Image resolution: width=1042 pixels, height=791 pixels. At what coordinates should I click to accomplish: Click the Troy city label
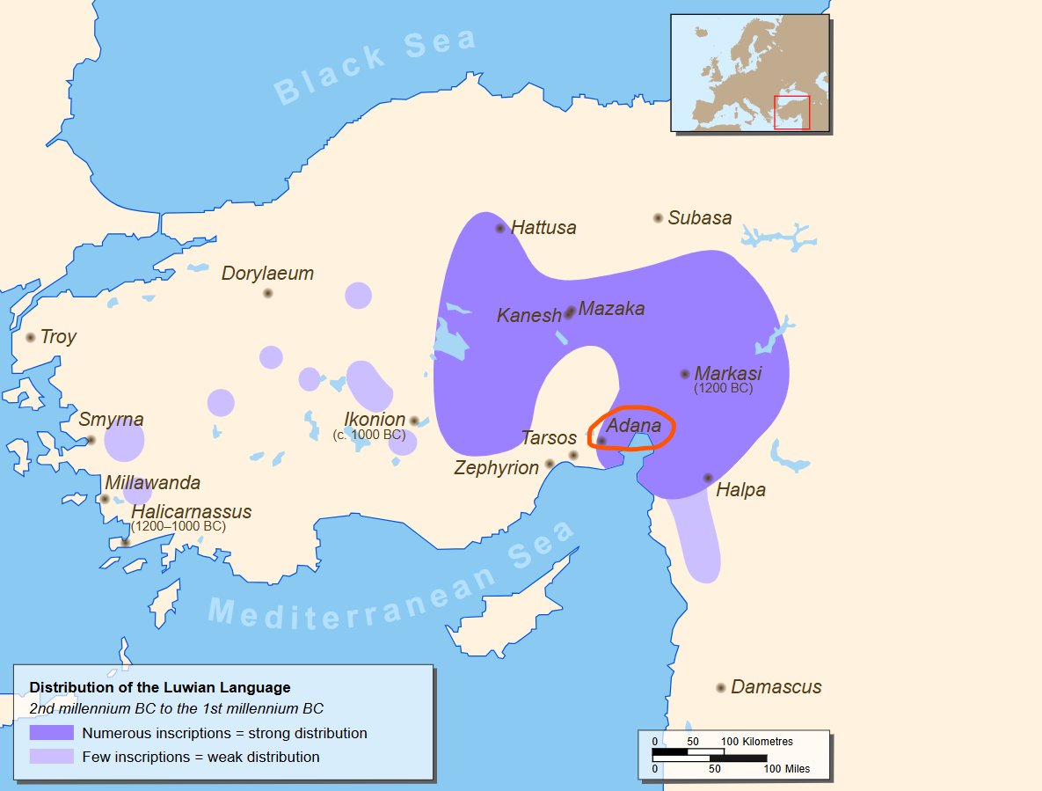pos(58,337)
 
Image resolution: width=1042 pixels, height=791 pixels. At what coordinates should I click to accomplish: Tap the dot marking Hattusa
pos(500,228)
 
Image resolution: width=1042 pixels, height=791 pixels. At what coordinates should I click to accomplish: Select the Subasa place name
pos(699,218)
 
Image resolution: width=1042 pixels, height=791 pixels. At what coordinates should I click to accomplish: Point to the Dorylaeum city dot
pos(267,293)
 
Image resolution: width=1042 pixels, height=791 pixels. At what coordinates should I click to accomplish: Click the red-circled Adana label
pos(633,426)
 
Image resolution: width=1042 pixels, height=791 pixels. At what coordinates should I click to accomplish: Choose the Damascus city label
pos(776,687)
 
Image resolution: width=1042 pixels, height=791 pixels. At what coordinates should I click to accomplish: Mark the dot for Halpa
pos(708,478)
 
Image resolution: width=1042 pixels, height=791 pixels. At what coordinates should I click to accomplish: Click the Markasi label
pos(727,373)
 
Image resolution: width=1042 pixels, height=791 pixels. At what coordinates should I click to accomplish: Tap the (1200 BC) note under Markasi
pos(723,388)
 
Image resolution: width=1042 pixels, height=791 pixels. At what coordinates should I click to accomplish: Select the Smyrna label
pos(111,420)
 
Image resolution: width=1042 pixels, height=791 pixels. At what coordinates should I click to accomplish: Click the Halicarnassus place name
pos(191,512)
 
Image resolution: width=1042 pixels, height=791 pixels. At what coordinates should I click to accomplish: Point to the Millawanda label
pos(152,483)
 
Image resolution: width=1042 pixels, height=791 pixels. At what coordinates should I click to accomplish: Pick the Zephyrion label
pos(496,468)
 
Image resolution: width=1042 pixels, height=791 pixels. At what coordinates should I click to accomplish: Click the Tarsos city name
pos(549,438)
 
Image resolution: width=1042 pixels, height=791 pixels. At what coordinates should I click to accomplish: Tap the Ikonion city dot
pos(414,421)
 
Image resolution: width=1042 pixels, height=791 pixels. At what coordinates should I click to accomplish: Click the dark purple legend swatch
pos(51,733)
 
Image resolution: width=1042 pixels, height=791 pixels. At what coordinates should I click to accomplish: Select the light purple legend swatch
pos(51,757)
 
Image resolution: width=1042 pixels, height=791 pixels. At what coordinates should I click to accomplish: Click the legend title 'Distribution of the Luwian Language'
pos(160,687)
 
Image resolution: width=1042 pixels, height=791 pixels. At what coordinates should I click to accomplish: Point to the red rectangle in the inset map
pos(791,113)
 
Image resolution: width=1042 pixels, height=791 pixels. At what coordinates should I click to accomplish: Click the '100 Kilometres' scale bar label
pos(757,742)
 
